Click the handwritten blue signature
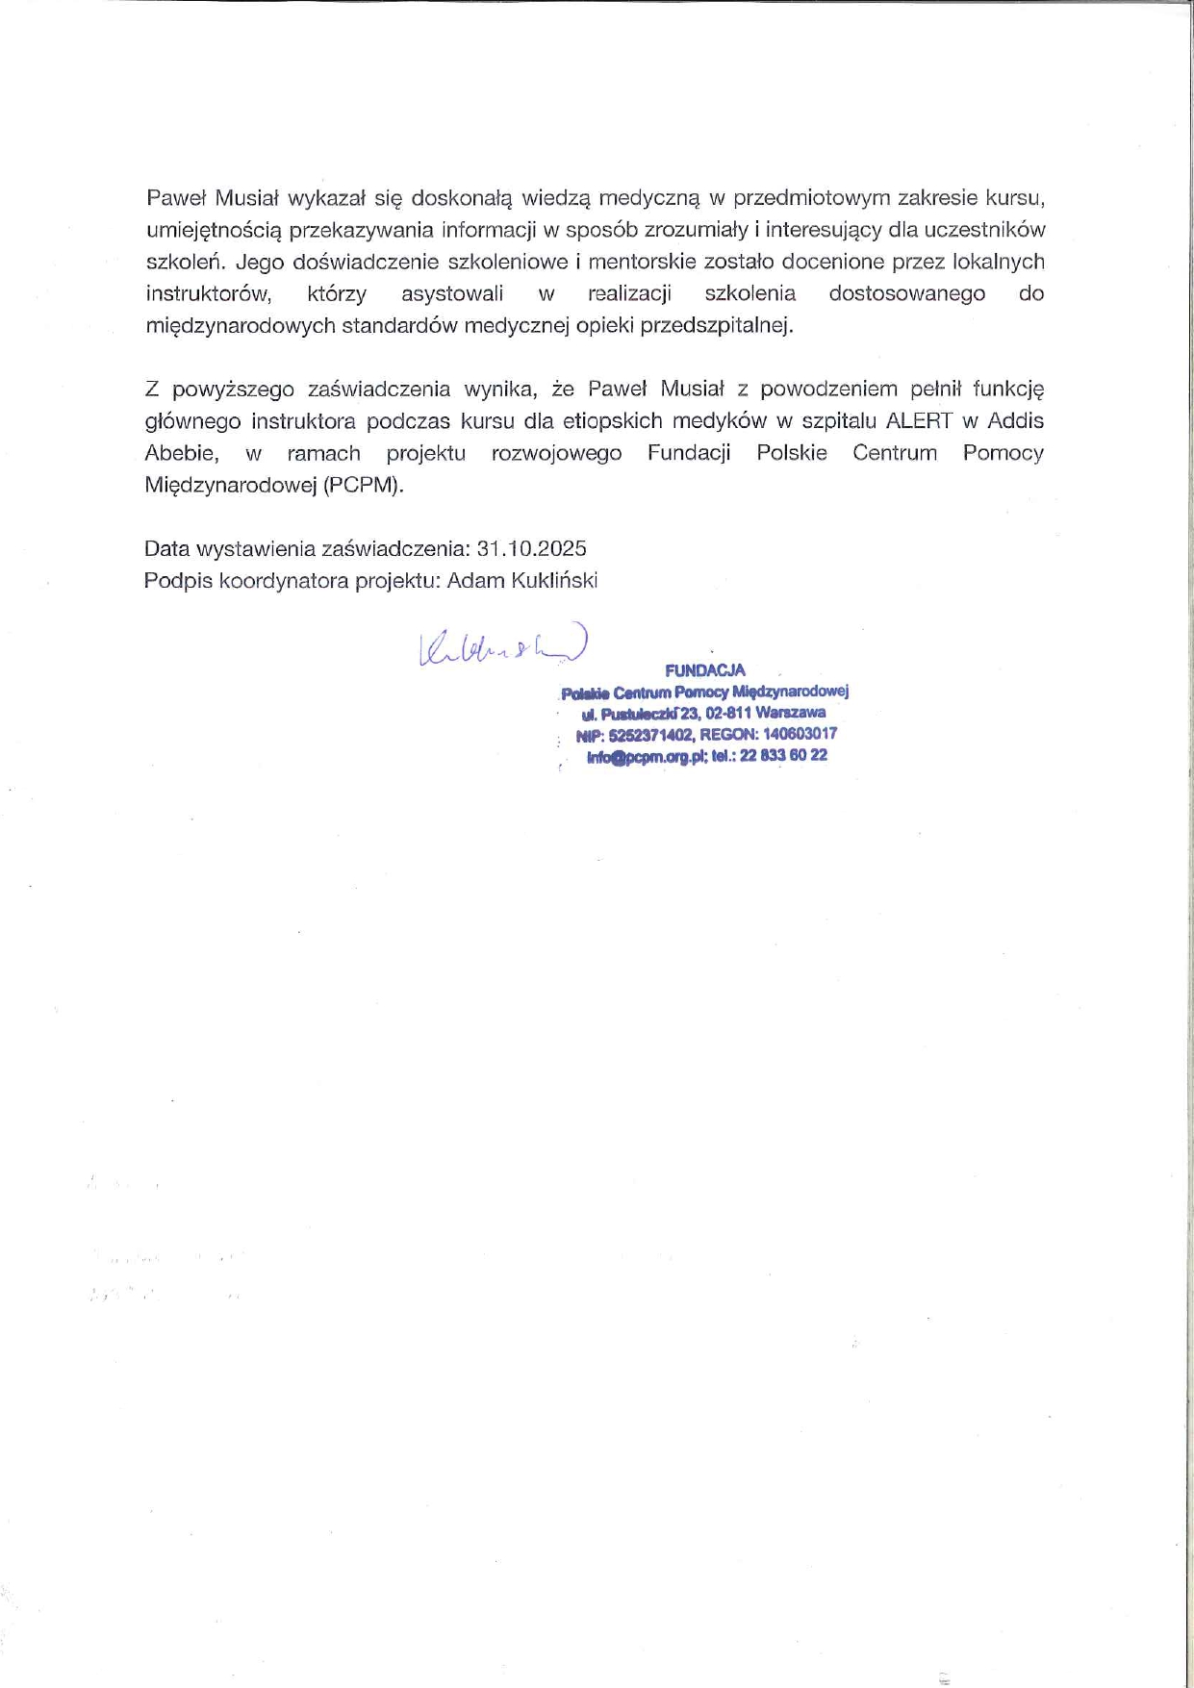coord(501,647)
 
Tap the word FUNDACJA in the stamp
coord(704,670)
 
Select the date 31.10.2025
coord(531,548)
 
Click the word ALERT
coord(919,420)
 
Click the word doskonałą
coord(463,198)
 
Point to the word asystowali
coord(451,293)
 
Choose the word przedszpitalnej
coord(717,325)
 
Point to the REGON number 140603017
coord(800,733)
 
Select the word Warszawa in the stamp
coord(790,713)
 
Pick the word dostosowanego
coord(906,293)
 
